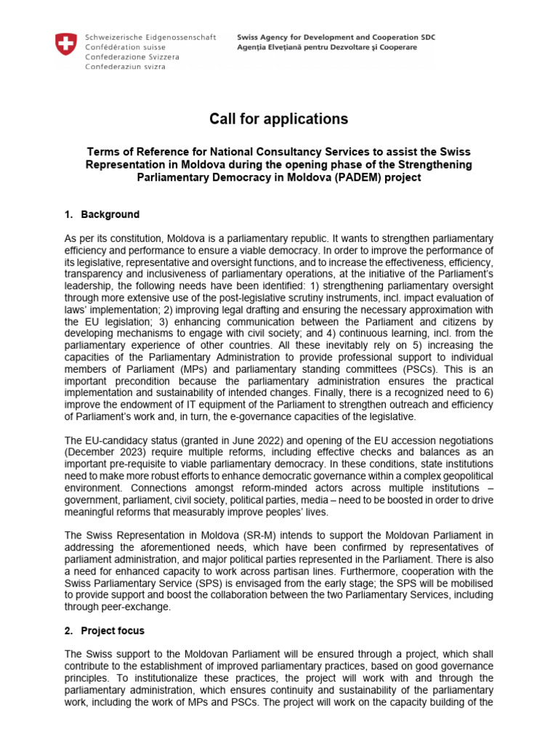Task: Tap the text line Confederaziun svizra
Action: pyautogui.click(x=125, y=67)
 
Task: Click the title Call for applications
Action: pyautogui.click(x=279, y=119)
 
